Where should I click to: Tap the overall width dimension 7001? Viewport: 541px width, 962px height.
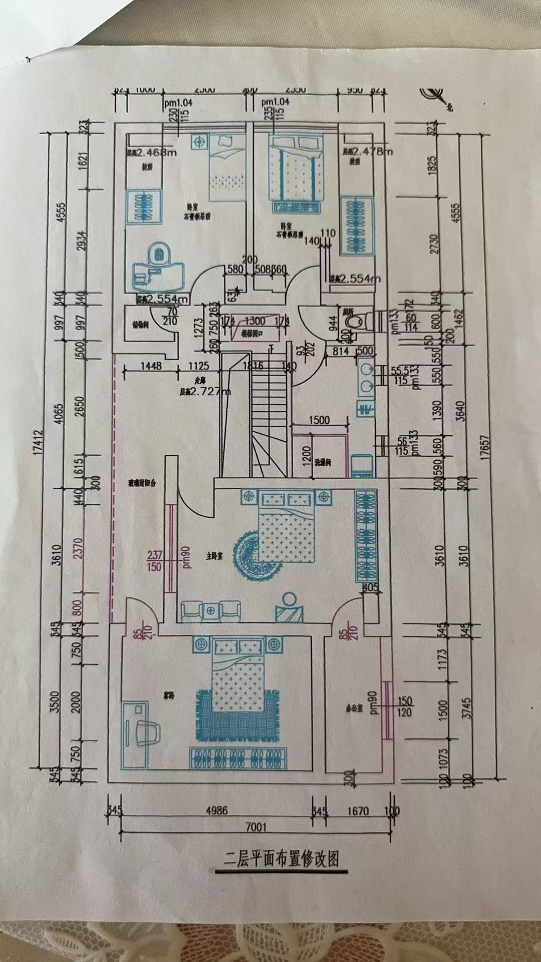pyautogui.click(x=255, y=827)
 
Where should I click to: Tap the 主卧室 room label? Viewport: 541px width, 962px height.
pyautogui.click(x=214, y=556)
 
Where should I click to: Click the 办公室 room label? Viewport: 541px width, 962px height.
pyautogui.click(x=354, y=709)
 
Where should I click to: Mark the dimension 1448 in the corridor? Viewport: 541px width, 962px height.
pyautogui.click(x=151, y=366)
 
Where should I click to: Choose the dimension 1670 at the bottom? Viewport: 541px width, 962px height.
pyautogui.click(x=358, y=810)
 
